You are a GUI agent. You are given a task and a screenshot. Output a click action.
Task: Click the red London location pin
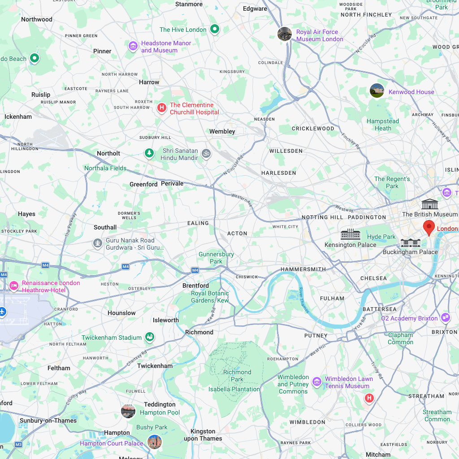pyautogui.click(x=429, y=228)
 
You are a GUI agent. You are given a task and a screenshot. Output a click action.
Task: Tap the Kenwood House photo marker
pyautogui.click(x=377, y=91)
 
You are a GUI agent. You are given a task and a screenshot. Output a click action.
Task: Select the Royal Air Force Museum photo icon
pyautogui.click(x=285, y=34)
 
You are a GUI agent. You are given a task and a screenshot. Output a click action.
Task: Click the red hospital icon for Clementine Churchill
pyautogui.click(x=162, y=108)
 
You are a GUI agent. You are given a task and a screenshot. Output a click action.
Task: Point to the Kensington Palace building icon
pyautogui.click(x=351, y=234)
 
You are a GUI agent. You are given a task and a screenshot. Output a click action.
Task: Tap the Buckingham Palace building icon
pyautogui.click(x=410, y=242)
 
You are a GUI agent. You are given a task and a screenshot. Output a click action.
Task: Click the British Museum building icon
pyautogui.click(x=430, y=204)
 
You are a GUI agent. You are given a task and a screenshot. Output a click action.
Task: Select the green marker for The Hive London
pyautogui.click(x=215, y=30)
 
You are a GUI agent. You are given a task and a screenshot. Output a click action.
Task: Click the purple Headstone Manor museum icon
pyautogui.click(x=133, y=46)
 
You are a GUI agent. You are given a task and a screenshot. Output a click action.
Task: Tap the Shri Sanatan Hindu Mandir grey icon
pyautogui.click(x=206, y=153)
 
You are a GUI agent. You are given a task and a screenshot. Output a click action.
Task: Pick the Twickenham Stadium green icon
pyautogui.click(x=150, y=337)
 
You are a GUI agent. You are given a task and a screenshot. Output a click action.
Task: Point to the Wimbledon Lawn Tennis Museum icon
pyautogui.click(x=317, y=382)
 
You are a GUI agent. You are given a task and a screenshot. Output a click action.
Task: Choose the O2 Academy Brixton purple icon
pyautogui.click(x=446, y=318)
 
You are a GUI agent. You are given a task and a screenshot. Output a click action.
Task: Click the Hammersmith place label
pyautogui.click(x=303, y=269)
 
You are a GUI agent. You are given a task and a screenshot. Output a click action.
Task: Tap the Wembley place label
pyautogui.click(x=222, y=131)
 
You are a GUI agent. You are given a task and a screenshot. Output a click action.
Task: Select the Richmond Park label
pyautogui.click(x=237, y=376)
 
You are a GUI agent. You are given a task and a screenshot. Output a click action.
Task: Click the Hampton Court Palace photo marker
pyautogui.click(x=155, y=442)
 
